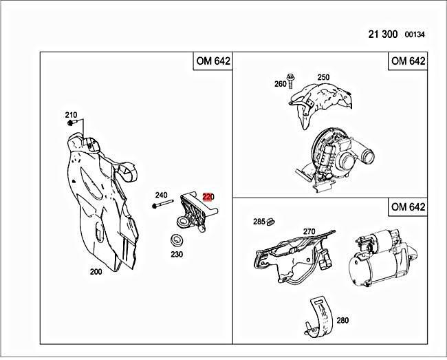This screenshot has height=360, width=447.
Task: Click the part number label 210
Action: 72,114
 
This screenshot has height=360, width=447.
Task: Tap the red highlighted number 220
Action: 208,197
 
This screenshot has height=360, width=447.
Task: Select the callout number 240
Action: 162,195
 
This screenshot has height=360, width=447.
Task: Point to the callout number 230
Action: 177,253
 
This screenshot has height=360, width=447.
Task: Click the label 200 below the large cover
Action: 96,271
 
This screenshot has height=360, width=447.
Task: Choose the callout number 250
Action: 323,78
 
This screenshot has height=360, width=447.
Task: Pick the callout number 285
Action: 259,222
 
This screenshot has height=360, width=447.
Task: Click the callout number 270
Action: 309,232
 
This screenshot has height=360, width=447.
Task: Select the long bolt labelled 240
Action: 163,205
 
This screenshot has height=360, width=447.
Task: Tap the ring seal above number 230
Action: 177,240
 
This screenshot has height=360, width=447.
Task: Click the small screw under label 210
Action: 71,123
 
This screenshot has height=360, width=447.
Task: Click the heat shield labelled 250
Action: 321,99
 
